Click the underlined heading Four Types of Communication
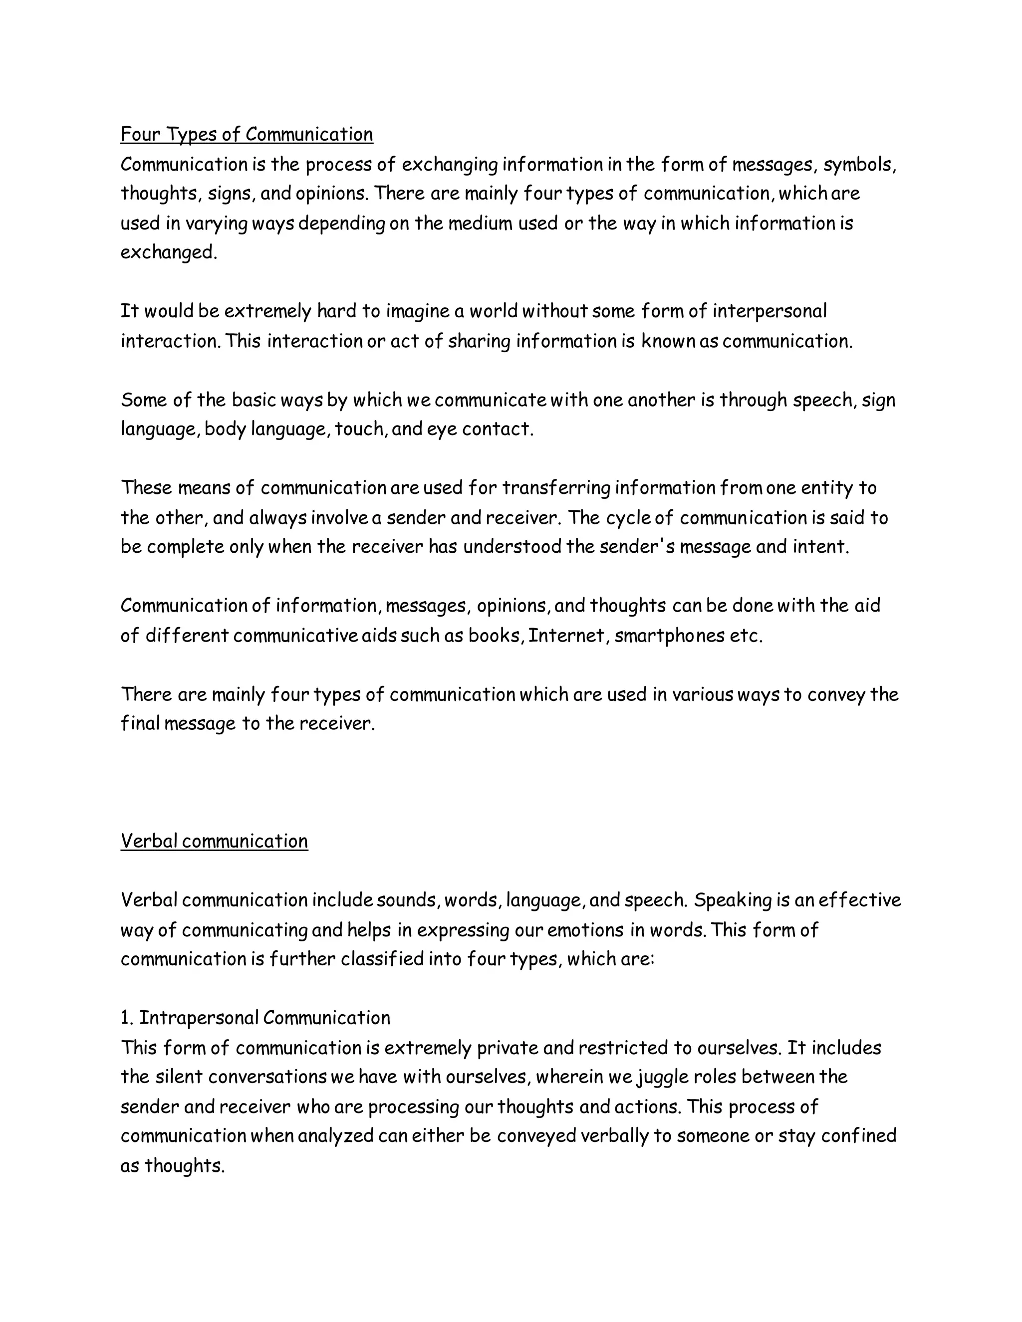(247, 134)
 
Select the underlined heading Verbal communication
(214, 841)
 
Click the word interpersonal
(769, 312)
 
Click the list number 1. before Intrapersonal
(127, 1018)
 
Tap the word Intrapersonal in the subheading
(199, 1018)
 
